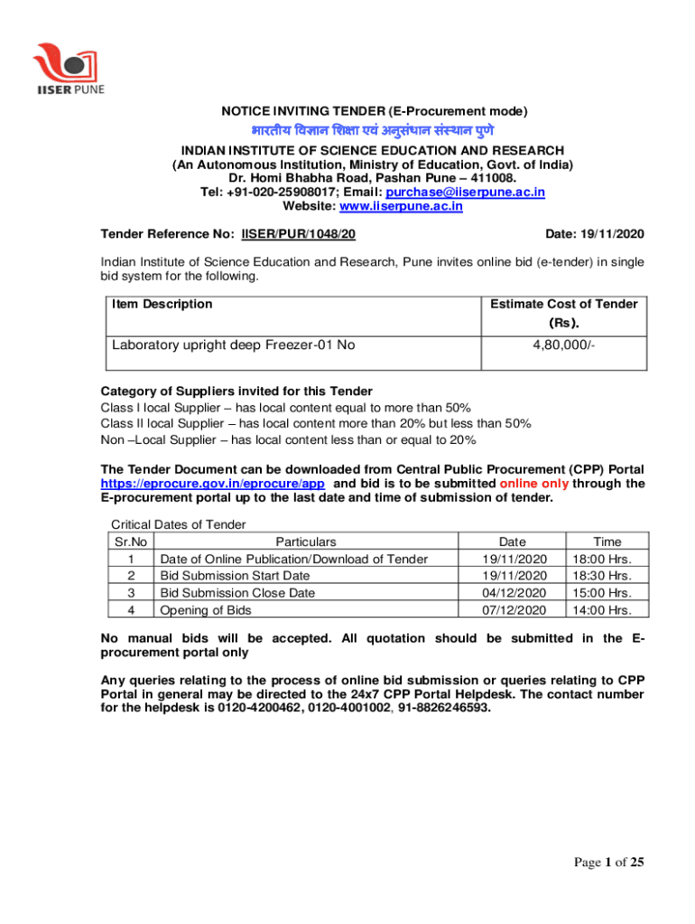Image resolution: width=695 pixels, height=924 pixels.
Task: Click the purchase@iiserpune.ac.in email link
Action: [465, 192]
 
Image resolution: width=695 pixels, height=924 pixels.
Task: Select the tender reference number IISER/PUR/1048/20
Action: [298, 235]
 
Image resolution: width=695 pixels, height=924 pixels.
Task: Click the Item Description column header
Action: [162, 304]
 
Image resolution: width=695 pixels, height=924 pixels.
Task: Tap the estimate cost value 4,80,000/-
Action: [564, 346]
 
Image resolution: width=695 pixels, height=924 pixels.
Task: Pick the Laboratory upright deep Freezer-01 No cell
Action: [233, 346]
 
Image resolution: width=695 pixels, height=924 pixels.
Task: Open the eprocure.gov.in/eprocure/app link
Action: [213, 484]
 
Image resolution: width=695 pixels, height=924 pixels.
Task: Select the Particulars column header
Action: [306, 542]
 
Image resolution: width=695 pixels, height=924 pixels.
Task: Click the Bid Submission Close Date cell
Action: [237, 593]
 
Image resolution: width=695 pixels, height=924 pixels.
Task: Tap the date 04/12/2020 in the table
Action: [514, 593]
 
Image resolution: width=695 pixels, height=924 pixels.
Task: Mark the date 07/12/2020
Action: [514, 610]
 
